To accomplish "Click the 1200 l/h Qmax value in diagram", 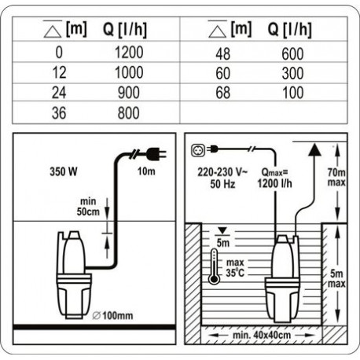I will pos(274,185).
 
